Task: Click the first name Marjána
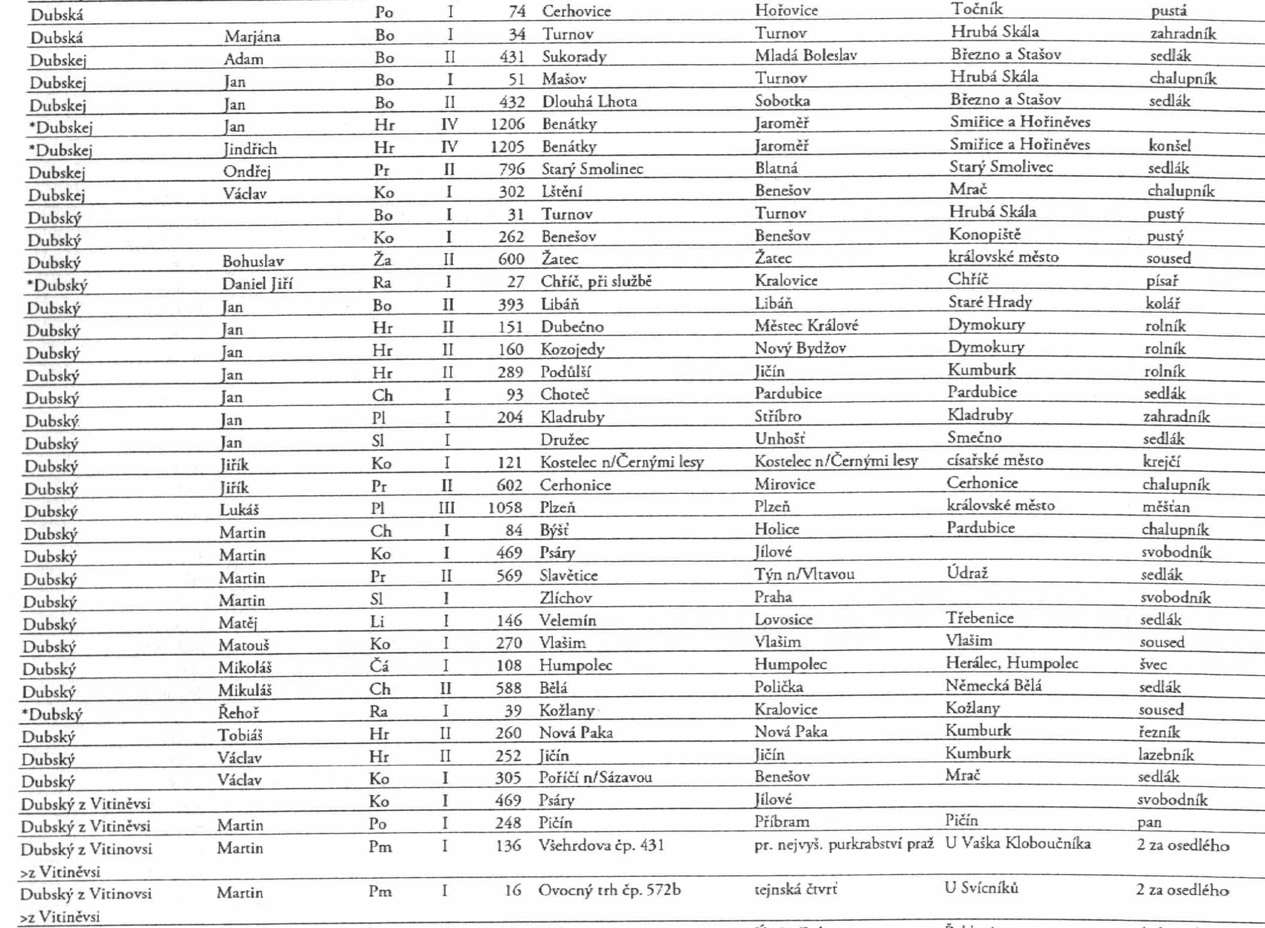pos(252,37)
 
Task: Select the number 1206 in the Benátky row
pos(507,124)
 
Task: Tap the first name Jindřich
pos(250,149)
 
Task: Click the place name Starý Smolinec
pos(592,169)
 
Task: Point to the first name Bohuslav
pos(253,261)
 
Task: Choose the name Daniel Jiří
pos(257,284)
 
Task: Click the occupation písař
pos(1161,281)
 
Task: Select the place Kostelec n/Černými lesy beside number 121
pos(621,462)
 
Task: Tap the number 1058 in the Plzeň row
pos(505,508)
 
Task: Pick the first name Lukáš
pos(239,510)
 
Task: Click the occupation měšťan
pos(1166,507)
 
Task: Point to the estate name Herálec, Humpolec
pos(1012,663)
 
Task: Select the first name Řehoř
pos(238,712)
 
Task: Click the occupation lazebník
pos(1166,755)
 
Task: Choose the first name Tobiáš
pos(240,734)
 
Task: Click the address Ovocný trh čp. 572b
pos(609,890)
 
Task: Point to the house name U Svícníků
pos(981,888)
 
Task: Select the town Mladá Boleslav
pos(805,56)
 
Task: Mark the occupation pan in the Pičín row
pos(1149,822)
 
